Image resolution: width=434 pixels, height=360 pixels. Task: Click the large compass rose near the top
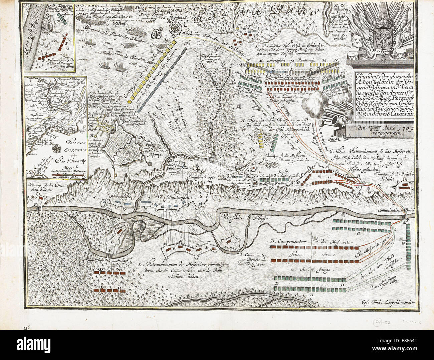tap(175, 29)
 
